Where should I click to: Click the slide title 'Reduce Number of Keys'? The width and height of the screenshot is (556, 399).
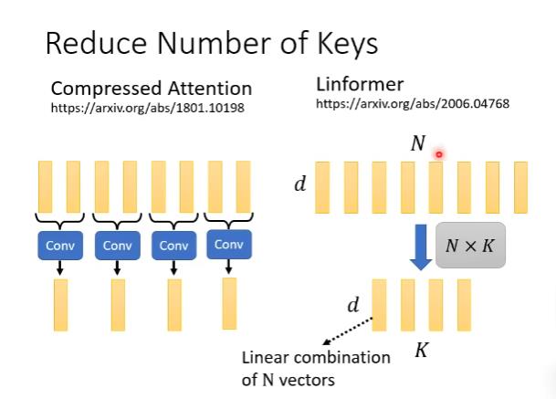(211, 43)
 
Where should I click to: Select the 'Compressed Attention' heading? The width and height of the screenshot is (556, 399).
(151, 89)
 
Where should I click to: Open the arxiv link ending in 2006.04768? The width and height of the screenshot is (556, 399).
(412, 104)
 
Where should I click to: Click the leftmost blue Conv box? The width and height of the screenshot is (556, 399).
(60, 245)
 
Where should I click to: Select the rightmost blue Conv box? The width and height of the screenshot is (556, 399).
(228, 244)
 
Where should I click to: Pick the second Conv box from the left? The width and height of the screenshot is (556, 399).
(117, 245)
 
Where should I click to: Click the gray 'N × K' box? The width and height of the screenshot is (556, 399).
(470, 245)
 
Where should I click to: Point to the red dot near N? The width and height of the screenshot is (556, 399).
(438, 154)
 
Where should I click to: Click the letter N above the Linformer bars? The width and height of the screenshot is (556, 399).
(419, 144)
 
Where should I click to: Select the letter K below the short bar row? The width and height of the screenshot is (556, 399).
(421, 350)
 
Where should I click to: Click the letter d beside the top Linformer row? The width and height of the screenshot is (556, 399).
(299, 184)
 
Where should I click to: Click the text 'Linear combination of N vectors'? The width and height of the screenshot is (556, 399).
(316, 368)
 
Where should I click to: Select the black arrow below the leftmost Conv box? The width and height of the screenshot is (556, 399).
(60, 268)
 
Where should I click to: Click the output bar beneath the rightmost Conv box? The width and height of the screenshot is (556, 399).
(229, 303)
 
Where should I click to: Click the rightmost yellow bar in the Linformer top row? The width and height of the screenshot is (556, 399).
(520, 187)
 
